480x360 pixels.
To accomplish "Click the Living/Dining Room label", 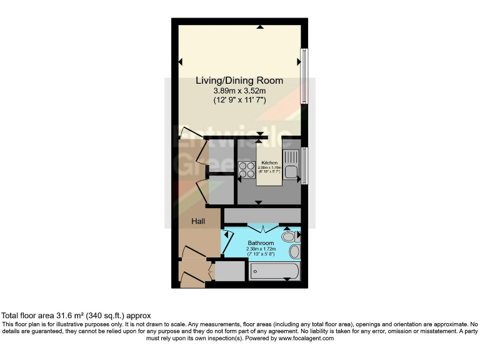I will click(239, 81).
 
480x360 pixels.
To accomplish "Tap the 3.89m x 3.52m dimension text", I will click(239, 91).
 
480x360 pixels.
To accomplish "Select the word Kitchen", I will click(269, 162).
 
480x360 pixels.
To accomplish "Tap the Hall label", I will click(198, 221).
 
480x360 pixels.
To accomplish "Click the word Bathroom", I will click(261, 242).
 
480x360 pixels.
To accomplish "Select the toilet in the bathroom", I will click(289, 237).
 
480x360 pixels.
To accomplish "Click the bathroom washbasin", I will click(294, 251).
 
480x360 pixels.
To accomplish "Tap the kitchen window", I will click(304, 166).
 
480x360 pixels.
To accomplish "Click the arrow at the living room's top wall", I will click(259, 27).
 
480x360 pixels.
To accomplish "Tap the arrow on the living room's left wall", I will click(181, 61).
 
